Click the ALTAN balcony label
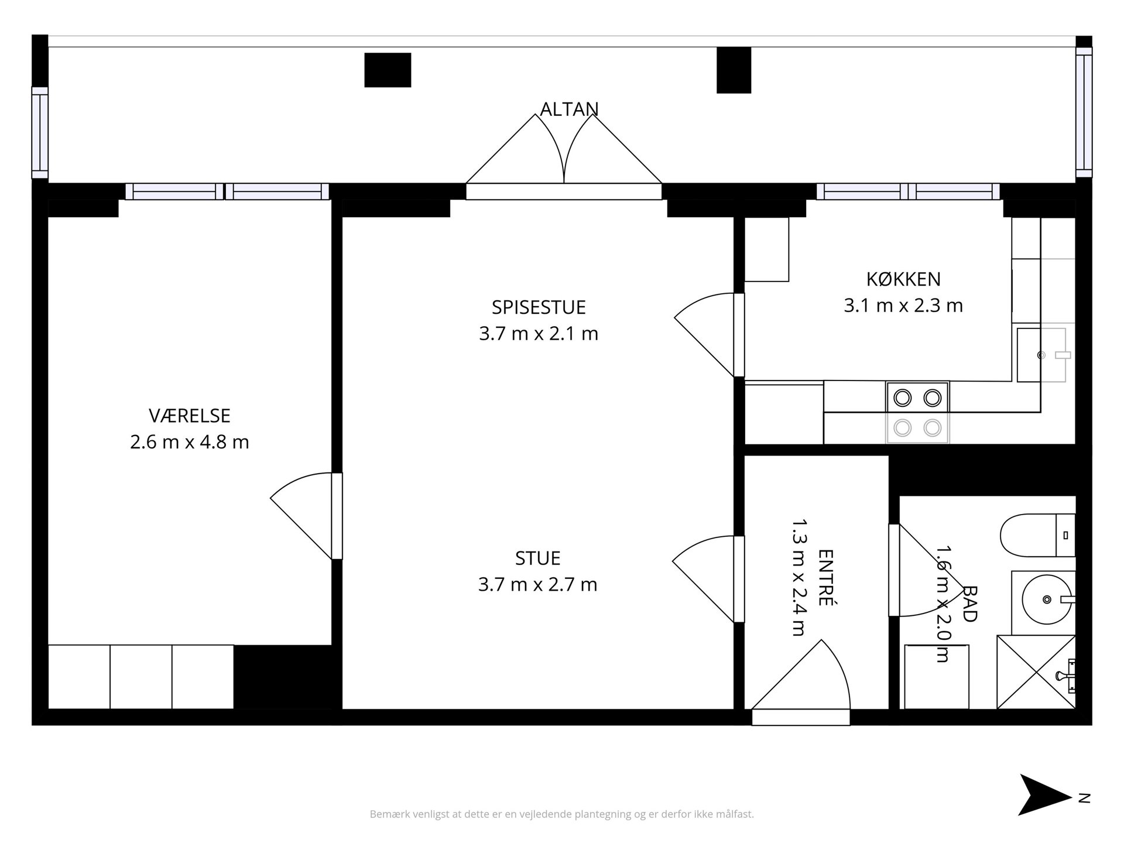tap(569, 109)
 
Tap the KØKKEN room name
tap(903, 279)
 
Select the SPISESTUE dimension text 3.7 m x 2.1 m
tap(539, 334)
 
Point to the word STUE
tap(538, 558)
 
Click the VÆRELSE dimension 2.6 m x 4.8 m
tap(190, 442)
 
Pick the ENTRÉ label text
tap(825, 577)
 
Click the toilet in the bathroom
tap(1037, 535)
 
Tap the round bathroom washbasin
tap(1048, 599)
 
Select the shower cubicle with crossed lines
tap(1036, 672)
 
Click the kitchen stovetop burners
tap(917, 413)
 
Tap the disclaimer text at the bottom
tap(562, 814)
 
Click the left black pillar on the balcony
tap(388, 70)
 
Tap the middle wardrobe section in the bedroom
tap(141, 677)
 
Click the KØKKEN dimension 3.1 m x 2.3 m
tap(903, 306)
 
